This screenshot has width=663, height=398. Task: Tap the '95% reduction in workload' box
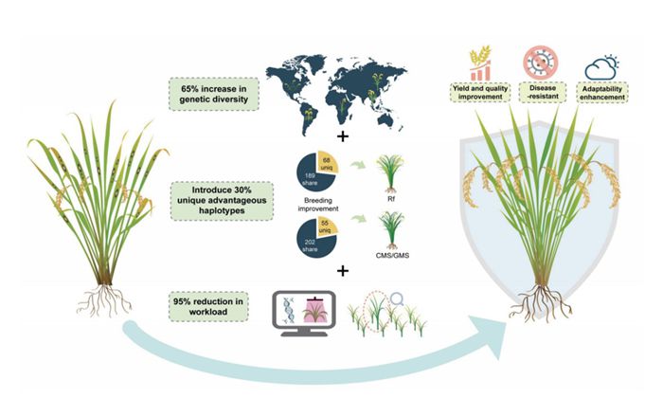click(210, 305)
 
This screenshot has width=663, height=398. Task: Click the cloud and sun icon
click(601, 65)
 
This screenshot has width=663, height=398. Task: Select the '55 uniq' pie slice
click(327, 233)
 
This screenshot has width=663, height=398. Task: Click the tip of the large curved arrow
click(519, 339)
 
